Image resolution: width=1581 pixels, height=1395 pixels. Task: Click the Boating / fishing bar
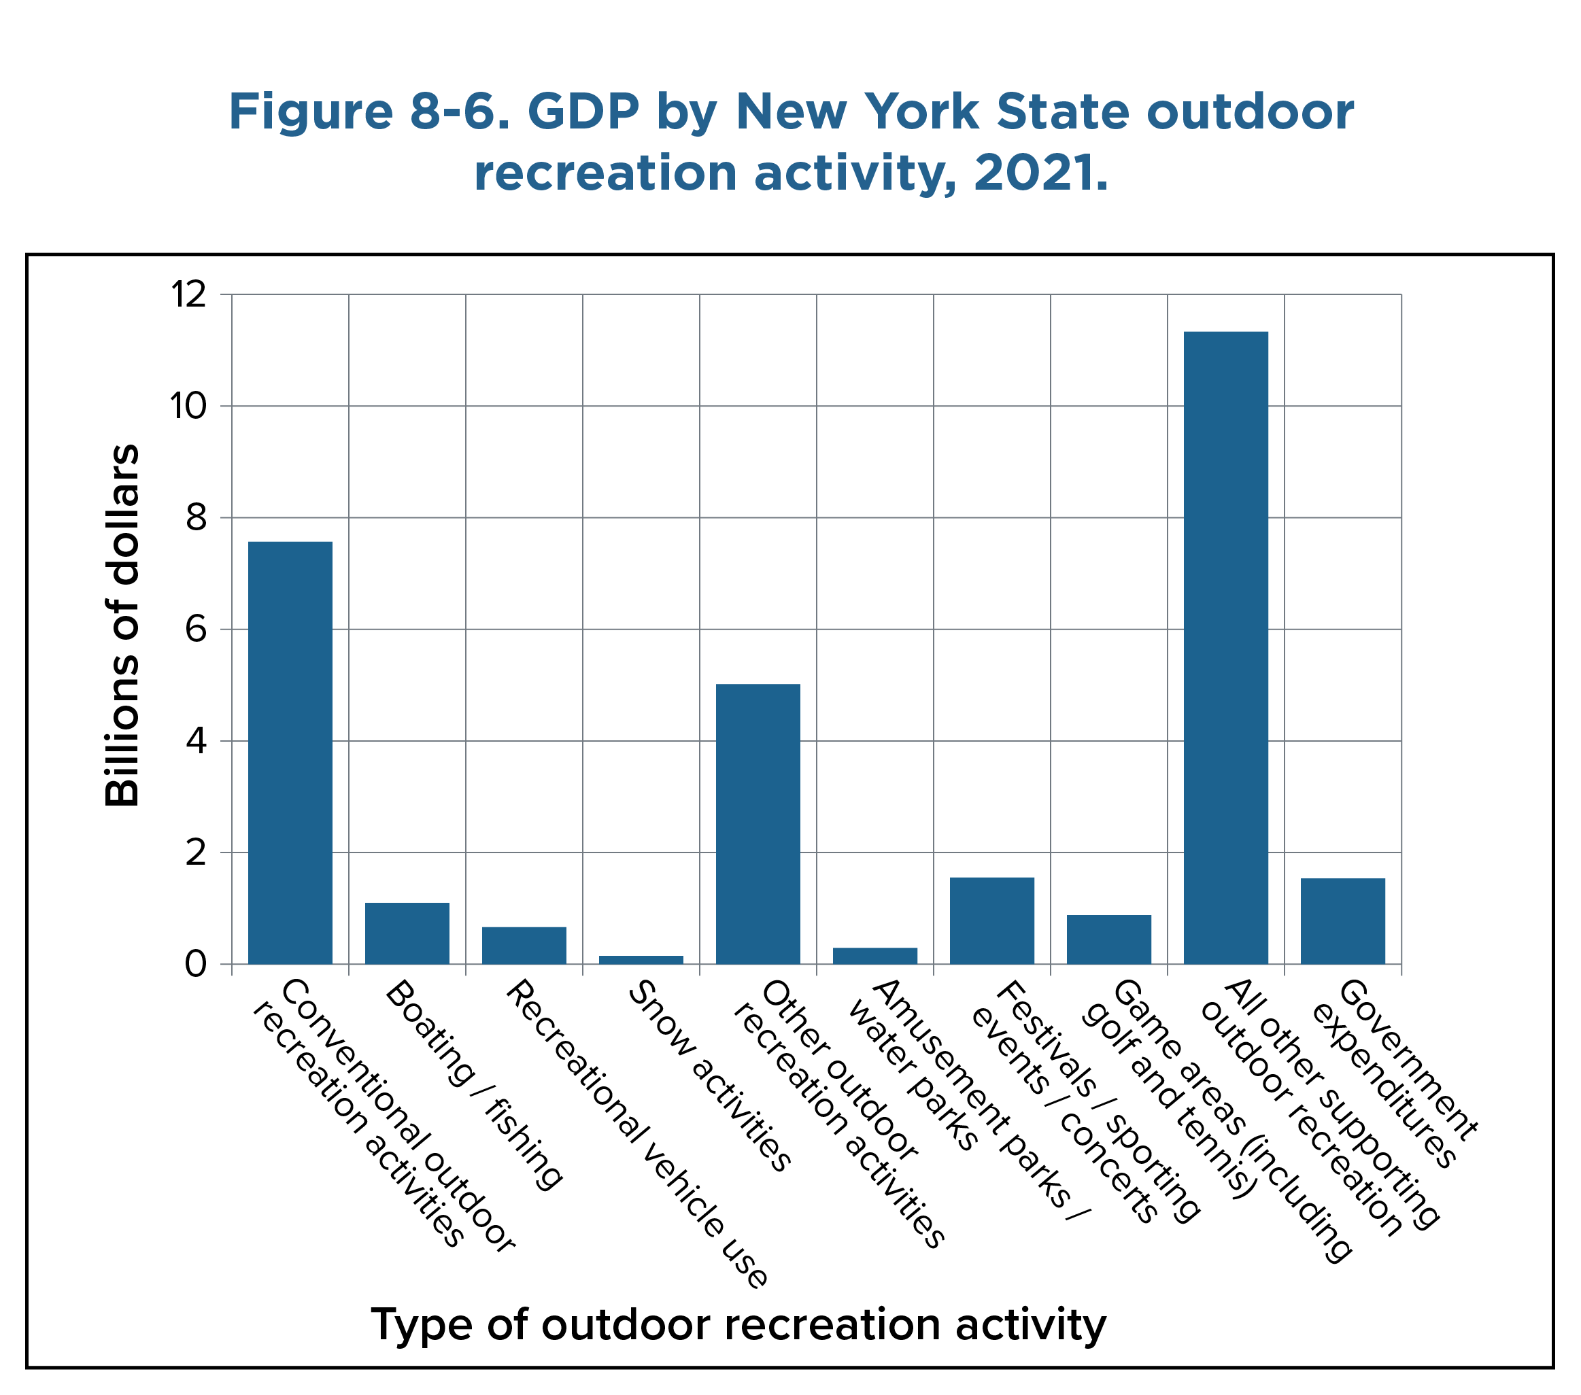click(407, 933)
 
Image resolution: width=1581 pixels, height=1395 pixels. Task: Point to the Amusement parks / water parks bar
click(874, 955)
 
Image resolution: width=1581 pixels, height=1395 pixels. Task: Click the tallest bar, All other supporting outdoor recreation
click(1225, 647)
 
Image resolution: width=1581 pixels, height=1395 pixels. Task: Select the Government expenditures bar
click(1342, 920)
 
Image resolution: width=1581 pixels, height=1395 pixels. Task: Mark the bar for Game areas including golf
click(1108, 939)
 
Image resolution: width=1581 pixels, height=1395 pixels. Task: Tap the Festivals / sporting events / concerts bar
click(991, 920)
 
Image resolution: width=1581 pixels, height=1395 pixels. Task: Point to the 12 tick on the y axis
click(189, 294)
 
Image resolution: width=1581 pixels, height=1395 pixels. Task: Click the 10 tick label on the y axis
click(189, 406)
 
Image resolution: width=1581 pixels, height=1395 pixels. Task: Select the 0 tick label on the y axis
click(196, 964)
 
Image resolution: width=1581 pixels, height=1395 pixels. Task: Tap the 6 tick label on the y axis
click(196, 630)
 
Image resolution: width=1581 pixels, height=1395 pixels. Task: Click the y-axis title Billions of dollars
click(122, 625)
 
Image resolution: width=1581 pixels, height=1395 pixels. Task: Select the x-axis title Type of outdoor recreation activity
click(738, 1324)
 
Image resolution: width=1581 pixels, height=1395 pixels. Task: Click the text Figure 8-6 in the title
click(368, 112)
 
